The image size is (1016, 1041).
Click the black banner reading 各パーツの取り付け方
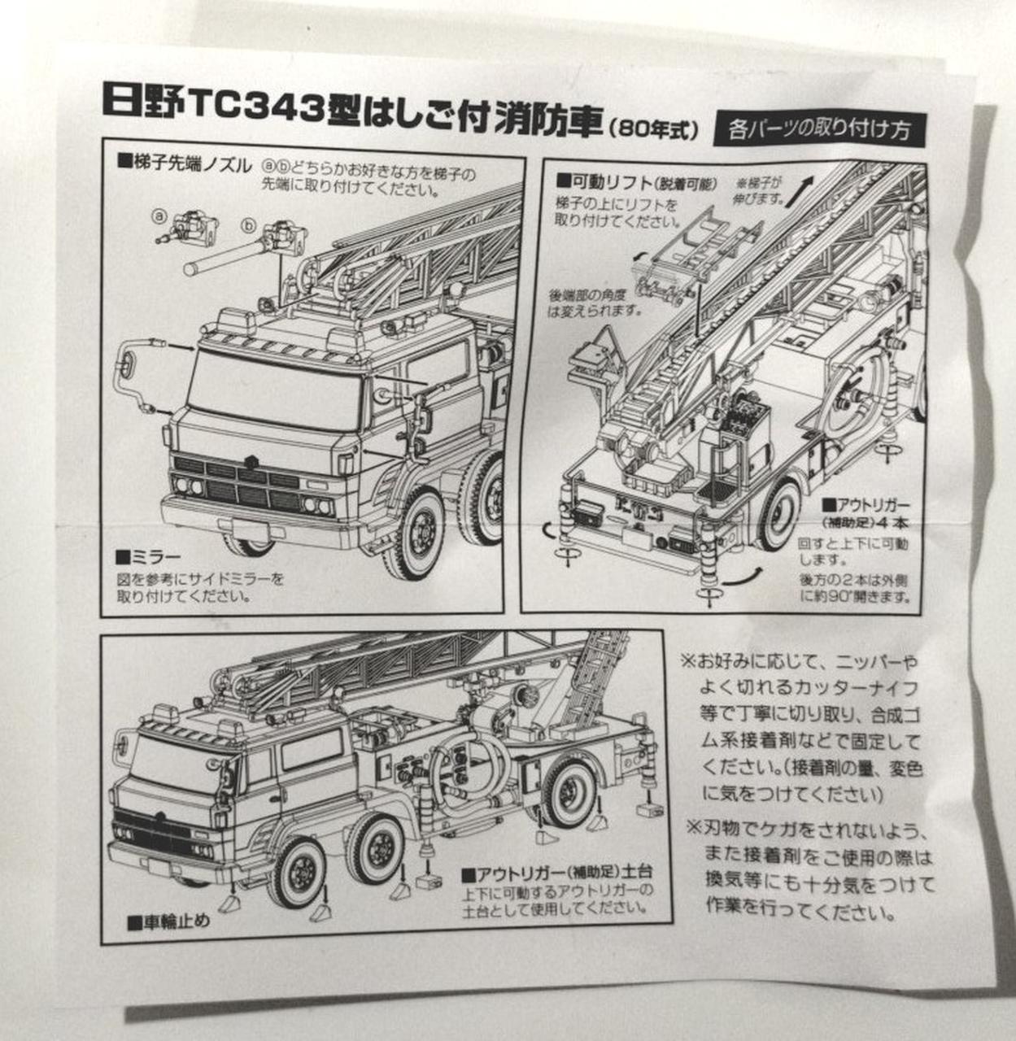pos(818,129)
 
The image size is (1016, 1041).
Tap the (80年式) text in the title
pos(653,129)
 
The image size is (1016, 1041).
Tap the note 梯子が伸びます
pos(761,192)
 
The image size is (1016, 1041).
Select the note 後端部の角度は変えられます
pos(594,302)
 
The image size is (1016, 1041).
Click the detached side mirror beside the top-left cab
pos(133,377)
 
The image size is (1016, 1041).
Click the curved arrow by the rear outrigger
pos(739,576)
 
